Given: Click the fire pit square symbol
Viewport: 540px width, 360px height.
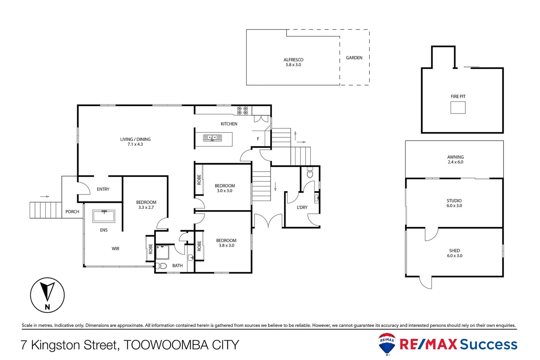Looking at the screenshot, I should pyautogui.click(x=458, y=108).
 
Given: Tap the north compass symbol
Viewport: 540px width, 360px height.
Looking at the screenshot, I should pyautogui.click(x=47, y=295).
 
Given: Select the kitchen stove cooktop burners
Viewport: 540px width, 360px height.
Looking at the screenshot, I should pyautogui.click(x=242, y=111).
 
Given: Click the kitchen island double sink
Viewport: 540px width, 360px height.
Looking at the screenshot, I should pyautogui.click(x=212, y=138).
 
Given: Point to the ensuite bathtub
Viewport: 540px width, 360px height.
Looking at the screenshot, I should pyautogui.click(x=104, y=216).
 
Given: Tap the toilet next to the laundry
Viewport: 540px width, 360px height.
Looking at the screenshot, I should pyautogui.click(x=310, y=174).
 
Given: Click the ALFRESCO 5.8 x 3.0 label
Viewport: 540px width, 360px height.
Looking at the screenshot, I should pyautogui.click(x=293, y=62).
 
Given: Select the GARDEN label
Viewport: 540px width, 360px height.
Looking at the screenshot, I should pyautogui.click(x=354, y=58).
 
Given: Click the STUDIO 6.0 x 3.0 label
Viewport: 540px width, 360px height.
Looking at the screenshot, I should pyautogui.click(x=454, y=203).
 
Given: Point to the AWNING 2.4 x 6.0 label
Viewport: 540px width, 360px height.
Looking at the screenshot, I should pyautogui.click(x=455, y=159).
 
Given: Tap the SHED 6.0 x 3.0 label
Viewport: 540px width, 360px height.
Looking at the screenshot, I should pyautogui.click(x=454, y=253).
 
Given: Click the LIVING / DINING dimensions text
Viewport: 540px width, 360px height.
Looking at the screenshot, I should pyautogui.click(x=135, y=144).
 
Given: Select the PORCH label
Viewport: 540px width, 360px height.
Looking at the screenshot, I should pyautogui.click(x=72, y=212).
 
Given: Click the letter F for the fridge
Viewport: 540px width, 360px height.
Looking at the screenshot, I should pyautogui.click(x=258, y=139).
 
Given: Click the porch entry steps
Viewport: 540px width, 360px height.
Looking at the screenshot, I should pyautogui.click(x=46, y=210).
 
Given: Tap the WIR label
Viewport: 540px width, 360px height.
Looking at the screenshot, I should pyautogui.click(x=115, y=249).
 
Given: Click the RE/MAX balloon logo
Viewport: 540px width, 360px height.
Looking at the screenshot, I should pyautogui.click(x=387, y=344).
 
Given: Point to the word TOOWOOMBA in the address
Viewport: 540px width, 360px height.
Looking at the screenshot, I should pyautogui.click(x=166, y=345).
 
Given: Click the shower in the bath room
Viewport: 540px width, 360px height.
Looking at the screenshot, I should pyautogui.click(x=162, y=252).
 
